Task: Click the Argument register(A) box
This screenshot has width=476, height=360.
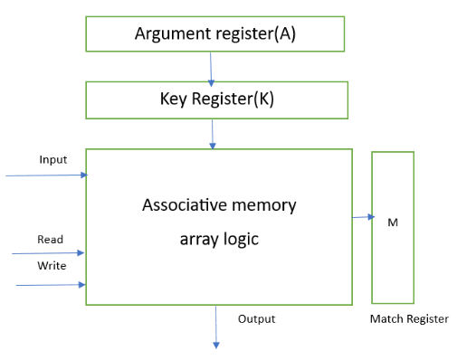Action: pos(214,34)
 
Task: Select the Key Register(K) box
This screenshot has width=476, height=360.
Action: pos(214,99)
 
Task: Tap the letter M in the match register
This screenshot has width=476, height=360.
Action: pos(392,222)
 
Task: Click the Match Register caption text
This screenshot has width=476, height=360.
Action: pos(409,319)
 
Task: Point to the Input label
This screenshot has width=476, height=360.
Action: pos(53,160)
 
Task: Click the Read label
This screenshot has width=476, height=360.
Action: pos(50,240)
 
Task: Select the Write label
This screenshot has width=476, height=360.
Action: pos(52,266)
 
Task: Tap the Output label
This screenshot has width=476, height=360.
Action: pos(256,319)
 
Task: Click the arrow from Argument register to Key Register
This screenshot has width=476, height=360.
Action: pos(211,66)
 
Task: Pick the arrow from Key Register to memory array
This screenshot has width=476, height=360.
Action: pos(213,133)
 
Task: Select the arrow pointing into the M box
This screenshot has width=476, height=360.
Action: pos(363,217)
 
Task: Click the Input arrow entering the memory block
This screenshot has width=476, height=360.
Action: pos(45,175)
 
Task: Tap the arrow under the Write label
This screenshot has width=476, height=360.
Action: pos(51,285)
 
